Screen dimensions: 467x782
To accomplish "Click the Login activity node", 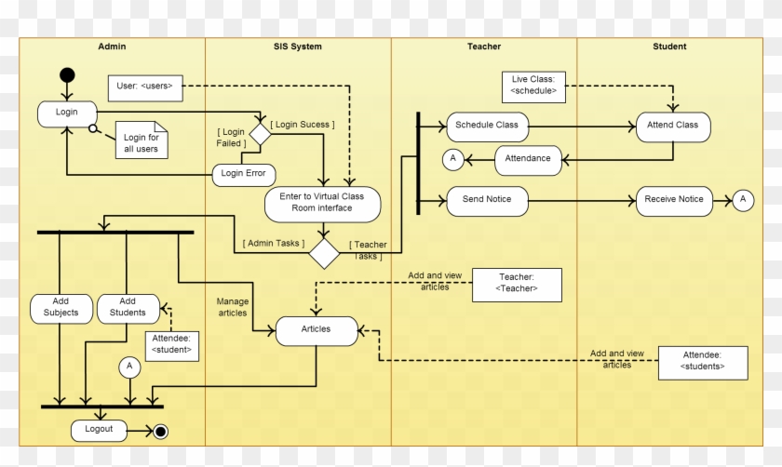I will pyautogui.click(x=67, y=113).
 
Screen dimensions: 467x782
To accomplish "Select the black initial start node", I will pyautogui.click(x=67, y=74).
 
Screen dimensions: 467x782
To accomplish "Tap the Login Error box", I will pyautogui.click(x=243, y=173).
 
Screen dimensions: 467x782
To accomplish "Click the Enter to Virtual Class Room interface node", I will pyautogui.click(x=321, y=203).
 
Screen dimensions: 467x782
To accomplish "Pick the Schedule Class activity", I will pyautogui.click(x=488, y=126).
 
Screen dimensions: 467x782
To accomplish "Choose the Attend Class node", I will pyautogui.click(x=673, y=126).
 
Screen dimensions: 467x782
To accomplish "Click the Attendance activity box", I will pyautogui.click(x=528, y=159).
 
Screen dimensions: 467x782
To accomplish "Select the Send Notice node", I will pyautogui.click(x=486, y=199).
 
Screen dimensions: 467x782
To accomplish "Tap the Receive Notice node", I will pyautogui.click(x=673, y=199).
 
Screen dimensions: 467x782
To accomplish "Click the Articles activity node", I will pyautogui.click(x=317, y=329).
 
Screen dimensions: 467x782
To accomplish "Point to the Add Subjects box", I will pyautogui.click(x=61, y=307).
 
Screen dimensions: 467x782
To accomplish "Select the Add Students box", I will pyautogui.click(x=128, y=307).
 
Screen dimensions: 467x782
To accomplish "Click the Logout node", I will pyautogui.click(x=99, y=430).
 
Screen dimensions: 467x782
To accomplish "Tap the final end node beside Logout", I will pyautogui.click(x=160, y=431).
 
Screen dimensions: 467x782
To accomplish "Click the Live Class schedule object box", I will pyautogui.click(x=533, y=86).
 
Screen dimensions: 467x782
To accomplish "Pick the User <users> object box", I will pyautogui.click(x=144, y=87).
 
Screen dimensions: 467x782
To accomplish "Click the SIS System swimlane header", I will pyautogui.click(x=298, y=47).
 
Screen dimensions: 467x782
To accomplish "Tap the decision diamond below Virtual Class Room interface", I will pyautogui.click(x=325, y=252).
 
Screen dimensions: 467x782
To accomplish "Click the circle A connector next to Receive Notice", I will pyautogui.click(x=743, y=199).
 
